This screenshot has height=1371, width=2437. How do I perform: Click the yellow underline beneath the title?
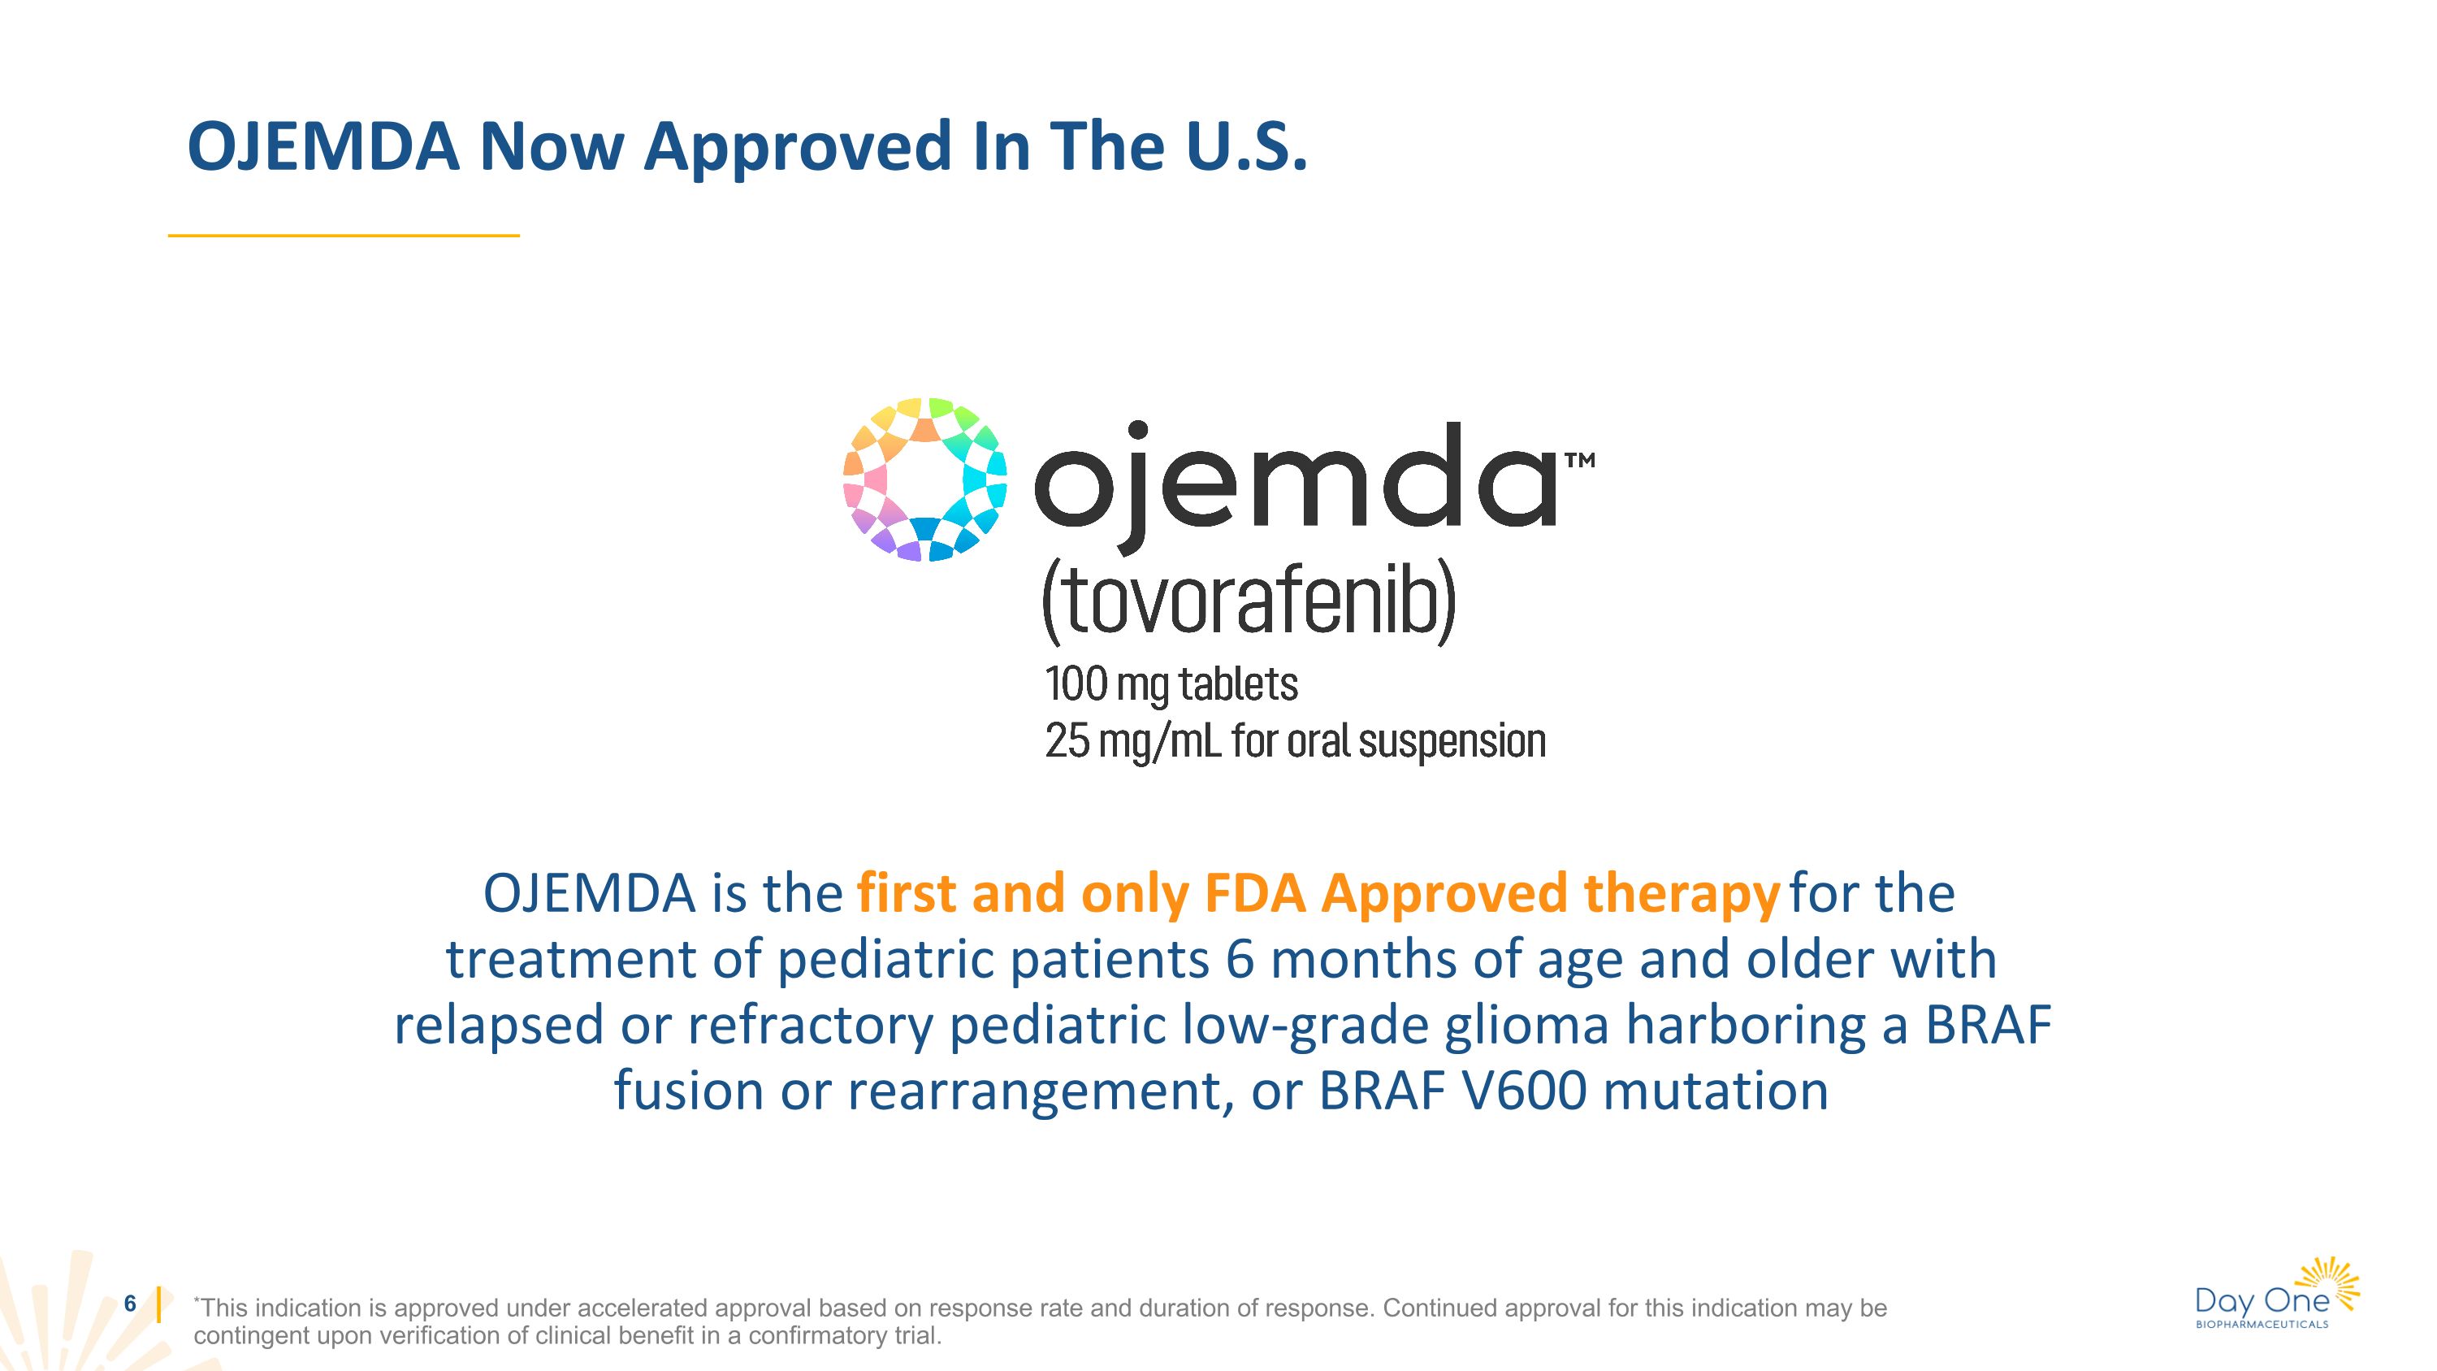click(344, 235)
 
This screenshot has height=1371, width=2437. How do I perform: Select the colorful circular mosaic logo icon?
click(924, 479)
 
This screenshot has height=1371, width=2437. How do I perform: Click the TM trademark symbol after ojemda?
click(1580, 461)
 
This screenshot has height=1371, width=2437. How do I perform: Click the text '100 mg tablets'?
click(1171, 684)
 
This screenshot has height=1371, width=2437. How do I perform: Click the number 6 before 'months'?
click(1240, 960)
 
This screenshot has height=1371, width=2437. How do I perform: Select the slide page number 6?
click(131, 1304)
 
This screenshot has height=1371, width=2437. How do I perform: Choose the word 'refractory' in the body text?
click(810, 1026)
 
